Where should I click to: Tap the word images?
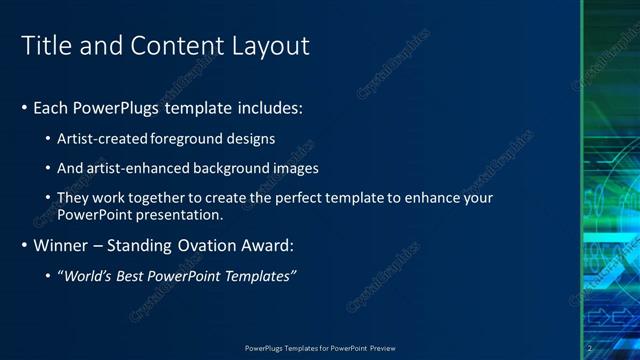tap(292, 168)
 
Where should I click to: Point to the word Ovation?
tap(211, 245)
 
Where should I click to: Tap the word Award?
tap(269, 245)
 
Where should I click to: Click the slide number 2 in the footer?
tap(589, 348)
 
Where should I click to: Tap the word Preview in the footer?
tap(383, 348)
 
